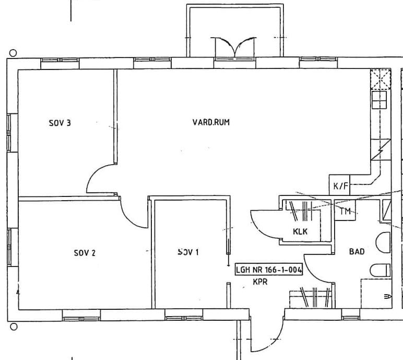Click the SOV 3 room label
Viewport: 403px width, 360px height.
(x=60, y=123)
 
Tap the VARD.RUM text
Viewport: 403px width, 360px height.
(x=211, y=122)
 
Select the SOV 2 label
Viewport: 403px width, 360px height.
(x=85, y=253)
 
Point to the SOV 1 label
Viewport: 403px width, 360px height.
(x=188, y=252)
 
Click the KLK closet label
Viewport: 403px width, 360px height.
(x=300, y=231)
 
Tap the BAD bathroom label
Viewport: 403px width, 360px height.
(x=357, y=251)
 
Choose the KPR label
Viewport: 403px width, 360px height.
(x=260, y=282)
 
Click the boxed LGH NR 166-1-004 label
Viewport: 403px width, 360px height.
(x=269, y=270)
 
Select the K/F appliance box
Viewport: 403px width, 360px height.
(x=339, y=185)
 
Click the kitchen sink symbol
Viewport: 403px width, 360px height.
(x=379, y=100)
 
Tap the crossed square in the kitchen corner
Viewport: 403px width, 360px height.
(x=381, y=79)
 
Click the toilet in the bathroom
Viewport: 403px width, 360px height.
(x=381, y=270)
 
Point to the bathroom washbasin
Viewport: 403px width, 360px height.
(x=383, y=242)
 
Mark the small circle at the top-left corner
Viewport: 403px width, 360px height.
(x=13, y=53)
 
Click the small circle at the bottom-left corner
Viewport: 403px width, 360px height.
(x=14, y=327)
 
